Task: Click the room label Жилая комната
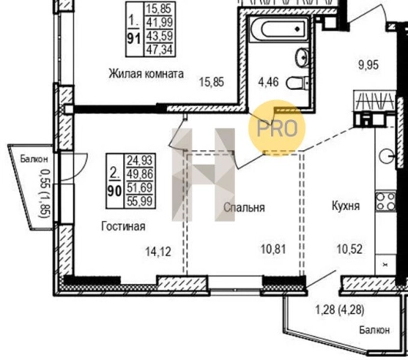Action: (x=145, y=75)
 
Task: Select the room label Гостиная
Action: (x=123, y=226)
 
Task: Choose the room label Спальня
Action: (x=245, y=208)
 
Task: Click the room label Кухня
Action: (x=348, y=208)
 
